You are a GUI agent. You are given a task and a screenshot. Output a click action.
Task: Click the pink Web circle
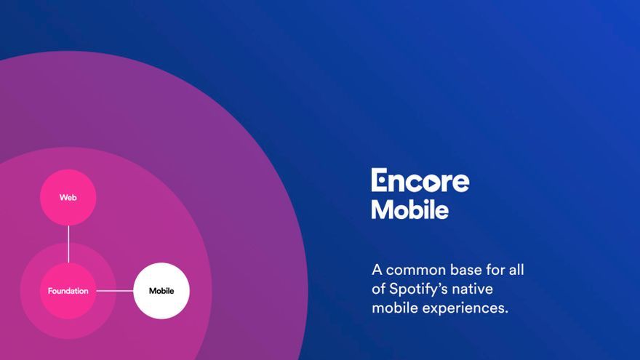click(68, 198)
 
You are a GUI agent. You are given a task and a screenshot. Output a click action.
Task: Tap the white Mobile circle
click(161, 291)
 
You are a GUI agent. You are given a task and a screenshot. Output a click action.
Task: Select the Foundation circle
click(68, 291)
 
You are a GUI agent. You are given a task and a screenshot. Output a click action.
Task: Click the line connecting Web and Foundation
click(68, 244)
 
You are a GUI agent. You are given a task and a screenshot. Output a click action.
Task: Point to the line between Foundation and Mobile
click(115, 291)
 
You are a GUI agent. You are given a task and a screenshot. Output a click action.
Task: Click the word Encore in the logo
click(420, 180)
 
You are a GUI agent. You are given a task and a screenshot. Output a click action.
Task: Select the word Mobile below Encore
click(409, 209)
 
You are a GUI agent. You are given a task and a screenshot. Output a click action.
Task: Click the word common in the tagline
click(416, 271)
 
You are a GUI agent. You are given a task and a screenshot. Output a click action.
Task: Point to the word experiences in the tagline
click(465, 308)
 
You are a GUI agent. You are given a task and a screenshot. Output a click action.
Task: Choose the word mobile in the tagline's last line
click(395, 308)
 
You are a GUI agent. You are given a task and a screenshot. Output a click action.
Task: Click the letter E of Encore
click(379, 180)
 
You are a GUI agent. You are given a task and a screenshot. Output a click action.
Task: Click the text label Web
click(68, 198)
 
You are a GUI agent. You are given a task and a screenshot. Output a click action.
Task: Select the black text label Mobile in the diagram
click(161, 291)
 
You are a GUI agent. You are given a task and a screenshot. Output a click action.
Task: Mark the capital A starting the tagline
click(377, 271)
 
